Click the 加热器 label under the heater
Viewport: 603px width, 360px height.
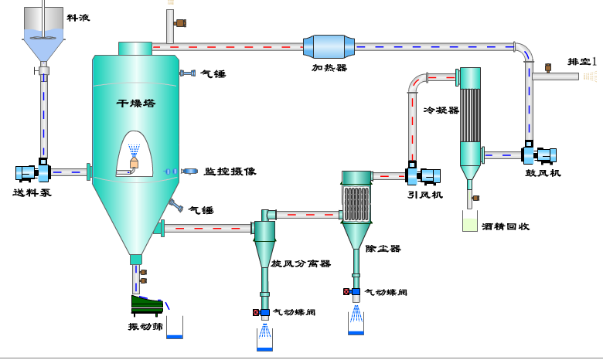[329, 68]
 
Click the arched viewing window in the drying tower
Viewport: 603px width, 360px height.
[136, 153]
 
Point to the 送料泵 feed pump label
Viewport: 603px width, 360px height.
[32, 192]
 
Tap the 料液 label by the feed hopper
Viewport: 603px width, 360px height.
[77, 16]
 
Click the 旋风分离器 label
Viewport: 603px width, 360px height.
[301, 263]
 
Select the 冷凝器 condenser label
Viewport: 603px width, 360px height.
[441, 110]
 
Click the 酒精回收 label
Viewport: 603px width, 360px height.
[504, 226]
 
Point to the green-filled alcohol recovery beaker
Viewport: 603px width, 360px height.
[469, 223]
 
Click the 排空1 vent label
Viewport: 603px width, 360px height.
[584, 61]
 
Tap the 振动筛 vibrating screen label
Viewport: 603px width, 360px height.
[144, 325]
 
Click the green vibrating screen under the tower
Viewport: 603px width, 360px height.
[147, 304]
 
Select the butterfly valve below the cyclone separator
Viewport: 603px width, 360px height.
[264, 312]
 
